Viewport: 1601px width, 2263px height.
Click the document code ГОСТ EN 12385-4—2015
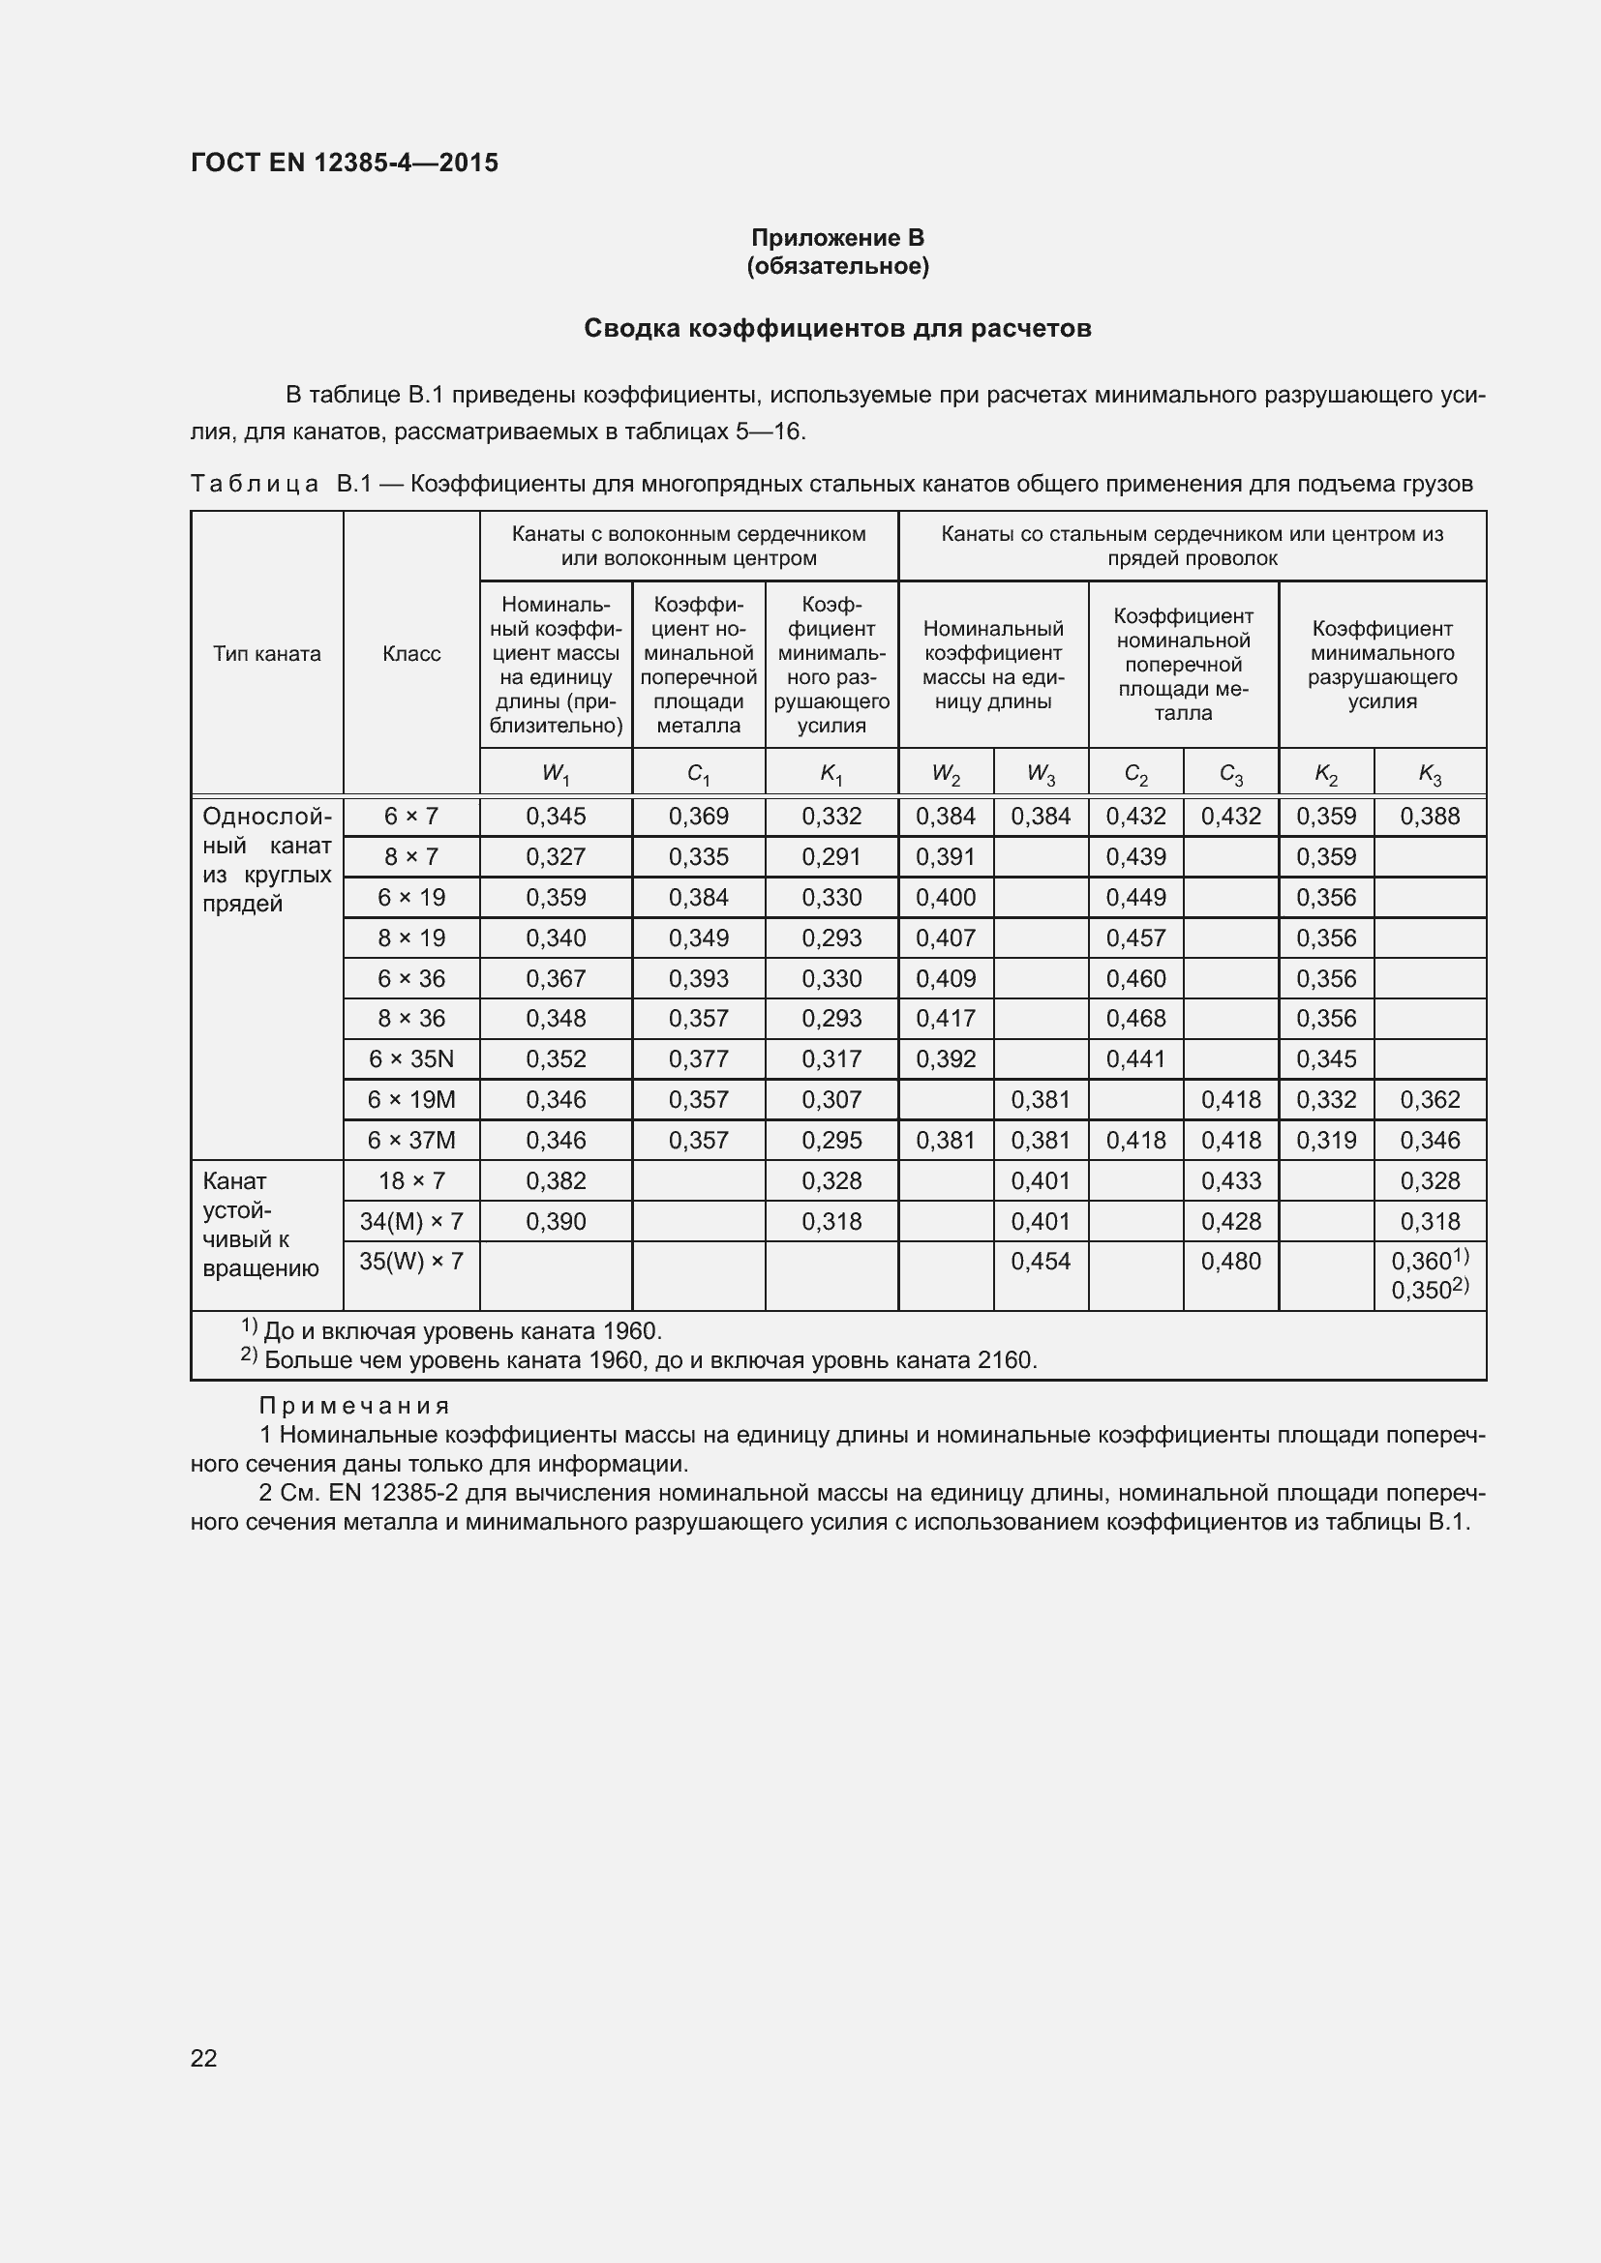pos(344,163)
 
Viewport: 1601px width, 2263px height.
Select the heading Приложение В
pos(837,238)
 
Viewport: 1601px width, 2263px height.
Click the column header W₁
pos(555,775)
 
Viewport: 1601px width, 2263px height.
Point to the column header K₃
pos(1430,775)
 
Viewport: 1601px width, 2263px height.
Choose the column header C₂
pos(1135,775)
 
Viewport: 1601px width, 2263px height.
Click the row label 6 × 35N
pos(411,1059)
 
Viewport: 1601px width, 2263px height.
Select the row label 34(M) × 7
pos(411,1222)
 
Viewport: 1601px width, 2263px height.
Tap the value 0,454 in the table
pos(1040,1262)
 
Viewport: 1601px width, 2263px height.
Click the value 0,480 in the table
pos(1230,1262)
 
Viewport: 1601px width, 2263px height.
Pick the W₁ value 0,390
pos(555,1222)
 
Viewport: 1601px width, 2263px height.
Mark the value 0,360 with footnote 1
pos(1422,1262)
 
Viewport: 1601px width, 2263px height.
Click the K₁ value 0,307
pos(831,1100)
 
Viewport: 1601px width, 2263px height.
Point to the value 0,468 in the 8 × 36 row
pos(1135,1019)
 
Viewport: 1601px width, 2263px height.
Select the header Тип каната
pos(266,654)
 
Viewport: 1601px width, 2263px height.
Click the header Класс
pos(411,654)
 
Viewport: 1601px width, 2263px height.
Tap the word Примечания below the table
pos(354,1407)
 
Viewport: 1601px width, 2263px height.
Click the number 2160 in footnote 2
pos(1005,1361)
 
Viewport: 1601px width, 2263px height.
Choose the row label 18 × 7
pos(411,1181)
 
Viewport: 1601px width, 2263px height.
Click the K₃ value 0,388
pos(1430,818)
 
